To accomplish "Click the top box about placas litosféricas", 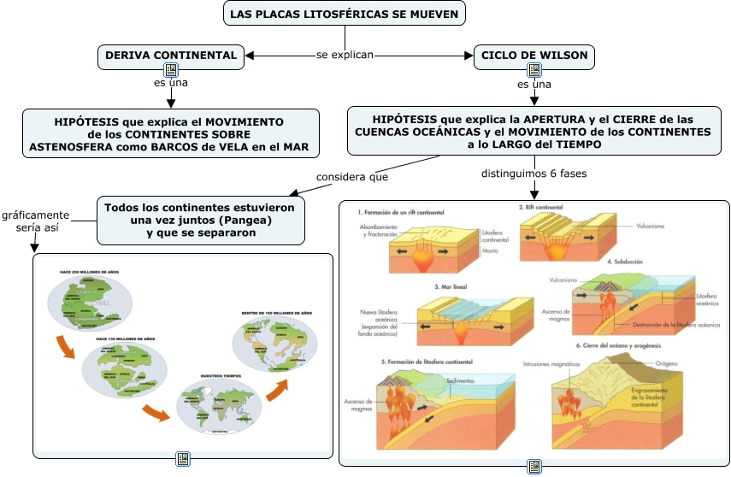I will coord(345,14).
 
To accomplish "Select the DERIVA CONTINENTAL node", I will coord(170,56).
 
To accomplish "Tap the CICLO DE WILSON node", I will coord(534,56).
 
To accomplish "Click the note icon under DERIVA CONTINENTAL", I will coord(170,70).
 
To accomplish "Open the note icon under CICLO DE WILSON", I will coord(534,70).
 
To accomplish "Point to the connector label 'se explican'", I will coord(345,56).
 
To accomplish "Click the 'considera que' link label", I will coord(352,177).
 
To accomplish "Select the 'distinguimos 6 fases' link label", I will coord(534,174).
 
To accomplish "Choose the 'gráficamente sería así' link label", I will coord(34,221).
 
